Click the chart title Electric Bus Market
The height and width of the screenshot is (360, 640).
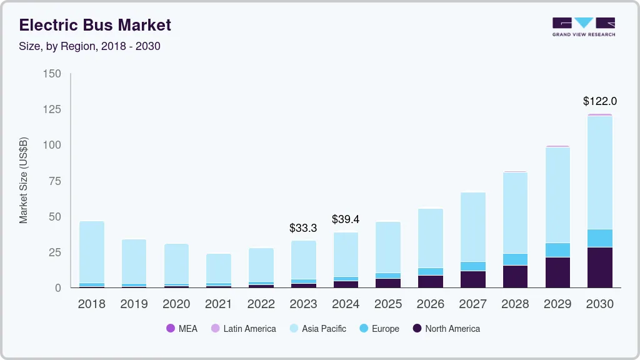95,25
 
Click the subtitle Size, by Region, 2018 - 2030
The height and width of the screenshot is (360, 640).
90,46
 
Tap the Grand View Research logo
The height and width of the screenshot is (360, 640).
583,26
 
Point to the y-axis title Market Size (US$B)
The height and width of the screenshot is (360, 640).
24,180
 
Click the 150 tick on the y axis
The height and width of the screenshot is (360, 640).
52,74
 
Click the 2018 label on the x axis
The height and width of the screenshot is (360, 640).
92,304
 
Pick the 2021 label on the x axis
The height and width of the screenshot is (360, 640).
219,304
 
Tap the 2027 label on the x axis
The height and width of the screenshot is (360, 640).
473,304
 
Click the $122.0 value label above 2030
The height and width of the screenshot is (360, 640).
600,101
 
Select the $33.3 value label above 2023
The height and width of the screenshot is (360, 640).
303,228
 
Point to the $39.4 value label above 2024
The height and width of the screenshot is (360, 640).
346,219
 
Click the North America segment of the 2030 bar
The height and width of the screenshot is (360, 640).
600,267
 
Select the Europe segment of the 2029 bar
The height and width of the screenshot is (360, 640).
557,250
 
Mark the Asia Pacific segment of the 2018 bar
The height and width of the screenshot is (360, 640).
92,252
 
